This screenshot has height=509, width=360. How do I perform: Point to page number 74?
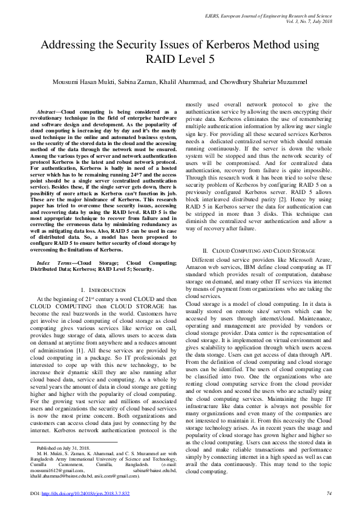(x=329, y=494)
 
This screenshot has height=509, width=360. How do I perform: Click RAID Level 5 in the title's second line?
(x=180, y=59)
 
